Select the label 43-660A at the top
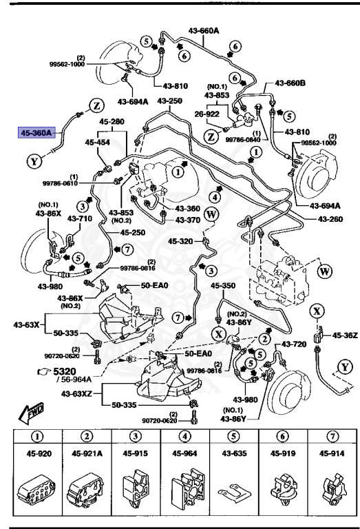pos(204,31)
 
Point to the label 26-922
pos(205,114)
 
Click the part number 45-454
pos(98,143)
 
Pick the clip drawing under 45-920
pos(39,488)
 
